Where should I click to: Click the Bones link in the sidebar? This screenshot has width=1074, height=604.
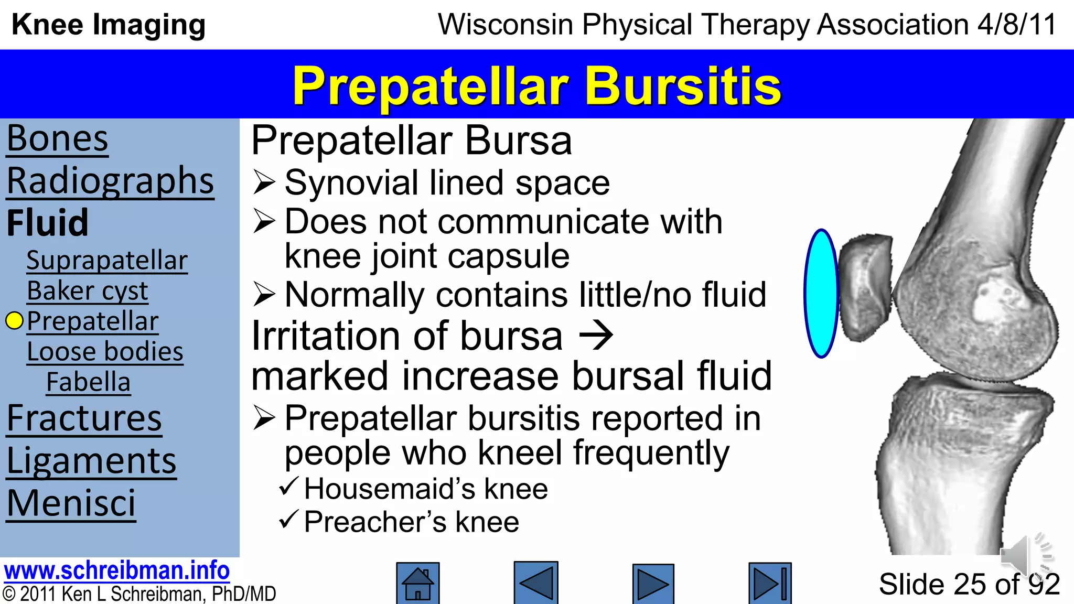(x=58, y=139)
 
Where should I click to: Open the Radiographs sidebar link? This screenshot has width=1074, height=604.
(x=110, y=181)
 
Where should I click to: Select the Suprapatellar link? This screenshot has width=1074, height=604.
(x=107, y=261)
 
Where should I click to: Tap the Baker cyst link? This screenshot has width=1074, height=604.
(x=88, y=291)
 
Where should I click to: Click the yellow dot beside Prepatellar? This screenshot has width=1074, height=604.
(x=15, y=321)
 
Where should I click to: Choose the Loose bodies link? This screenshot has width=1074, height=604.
(x=105, y=352)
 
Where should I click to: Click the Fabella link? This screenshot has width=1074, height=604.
(x=88, y=382)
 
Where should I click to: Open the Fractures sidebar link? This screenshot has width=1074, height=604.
(x=84, y=419)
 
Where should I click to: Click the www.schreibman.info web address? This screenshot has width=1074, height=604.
(x=116, y=570)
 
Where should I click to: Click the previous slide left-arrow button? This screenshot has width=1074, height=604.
(x=535, y=583)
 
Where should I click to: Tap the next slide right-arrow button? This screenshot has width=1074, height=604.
(x=653, y=584)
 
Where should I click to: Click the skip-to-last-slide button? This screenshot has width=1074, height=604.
(x=770, y=584)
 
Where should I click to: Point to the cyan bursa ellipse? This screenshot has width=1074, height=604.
(x=821, y=294)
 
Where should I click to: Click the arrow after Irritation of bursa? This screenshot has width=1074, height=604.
(x=596, y=336)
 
